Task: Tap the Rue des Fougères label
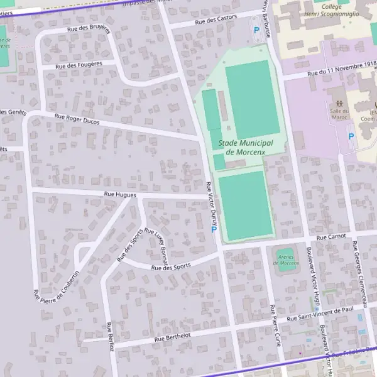tap(79, 64)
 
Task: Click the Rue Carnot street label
tap(332, 238)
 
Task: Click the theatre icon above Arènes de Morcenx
tap(287, 251)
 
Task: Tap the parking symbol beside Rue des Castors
tap(256, 30)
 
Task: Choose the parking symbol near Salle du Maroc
tap(351, 136)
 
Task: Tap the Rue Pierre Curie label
tap(275, 325)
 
